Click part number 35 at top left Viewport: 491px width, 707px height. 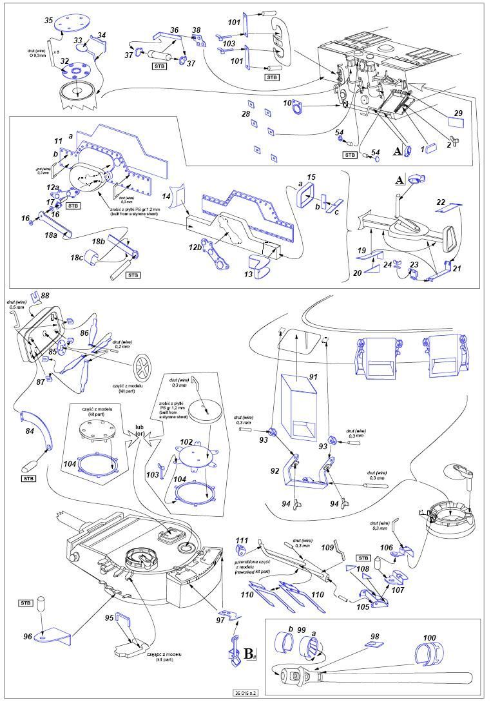(x=48, y=21)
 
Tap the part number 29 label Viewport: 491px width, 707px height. (x=457, y=113)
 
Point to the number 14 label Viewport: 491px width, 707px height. (x=167, y=195)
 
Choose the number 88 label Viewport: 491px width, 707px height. (x=44, y=296)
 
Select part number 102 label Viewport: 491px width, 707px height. (x=187, y=441)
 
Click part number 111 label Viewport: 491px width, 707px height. (x=241, y=539)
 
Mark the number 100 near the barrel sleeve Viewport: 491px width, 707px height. (x=429, y=638)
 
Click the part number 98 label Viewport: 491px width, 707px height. (x=374, y=635)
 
